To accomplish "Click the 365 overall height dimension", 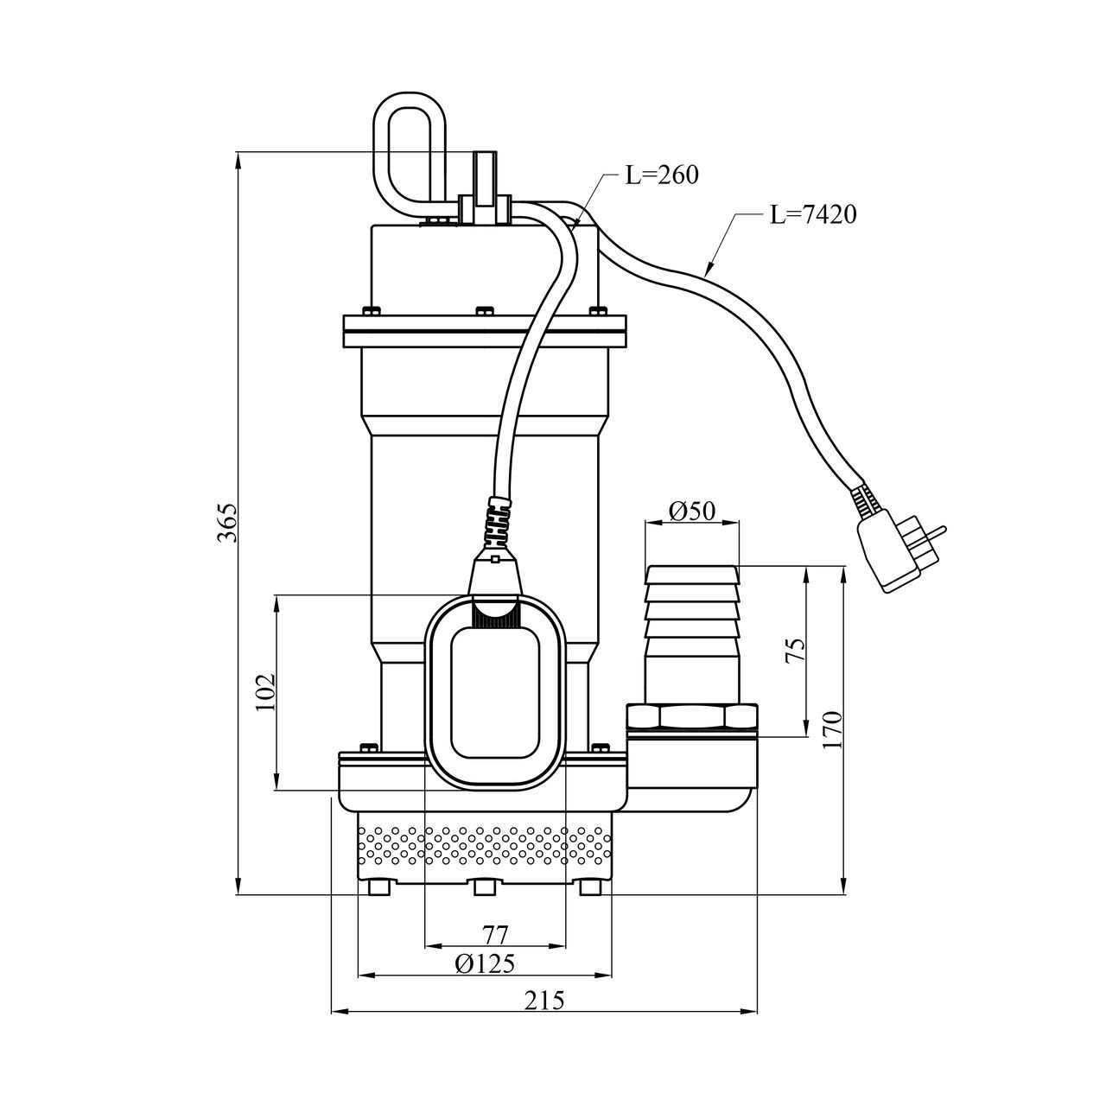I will [x=226, y=523].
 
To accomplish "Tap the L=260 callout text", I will [x=662, y=175].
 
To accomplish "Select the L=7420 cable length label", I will [x=813, y=214].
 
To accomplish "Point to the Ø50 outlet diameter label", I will [x=692, y=511].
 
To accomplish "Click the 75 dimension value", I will [x=796, y=650].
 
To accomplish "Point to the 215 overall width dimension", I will [x=544, y=1001].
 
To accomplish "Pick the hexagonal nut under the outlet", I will [x=691, y=719].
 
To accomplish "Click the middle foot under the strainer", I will [x=484, y=888].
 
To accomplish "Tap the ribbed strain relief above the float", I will [x=500, y=522].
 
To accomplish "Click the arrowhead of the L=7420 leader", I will [x=709, y=271].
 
